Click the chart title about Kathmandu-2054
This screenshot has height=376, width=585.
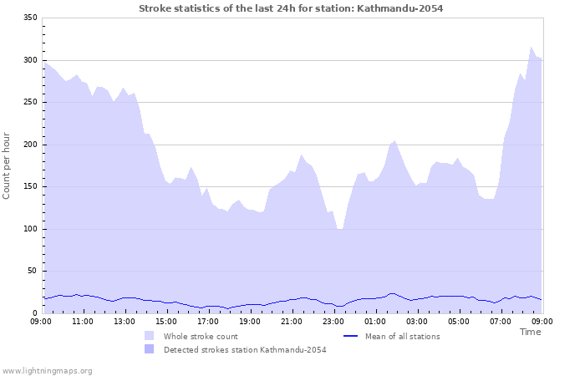coord(291,8)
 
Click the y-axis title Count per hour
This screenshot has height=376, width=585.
coord(8,165)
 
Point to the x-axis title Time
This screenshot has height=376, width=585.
coord(530,332)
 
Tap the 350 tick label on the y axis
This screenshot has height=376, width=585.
coord(29,18)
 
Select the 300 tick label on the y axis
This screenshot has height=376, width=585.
coord(29,60)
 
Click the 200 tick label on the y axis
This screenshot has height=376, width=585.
coord(29,145)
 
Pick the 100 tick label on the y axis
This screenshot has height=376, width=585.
coord(29,229)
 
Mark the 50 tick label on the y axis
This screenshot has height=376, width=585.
coord(32,271)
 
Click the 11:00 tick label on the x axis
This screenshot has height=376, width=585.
coord(83,321)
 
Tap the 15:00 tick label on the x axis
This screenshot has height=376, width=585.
coord(166,321)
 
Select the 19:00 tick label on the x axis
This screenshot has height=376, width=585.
coord(250,321)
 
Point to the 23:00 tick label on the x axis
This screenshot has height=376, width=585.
coord(333,321)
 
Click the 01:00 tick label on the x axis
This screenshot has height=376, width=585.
coord(375,321)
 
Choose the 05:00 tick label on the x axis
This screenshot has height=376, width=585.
coord(459,321)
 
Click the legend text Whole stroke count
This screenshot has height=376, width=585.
coord(201,337)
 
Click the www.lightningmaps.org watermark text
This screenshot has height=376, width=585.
coord(48,371)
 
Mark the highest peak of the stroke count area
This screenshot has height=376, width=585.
coord(532,48)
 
